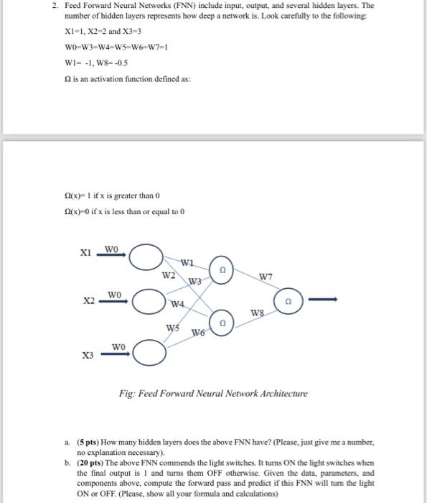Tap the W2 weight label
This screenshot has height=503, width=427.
168,275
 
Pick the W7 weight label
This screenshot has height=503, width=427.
266,276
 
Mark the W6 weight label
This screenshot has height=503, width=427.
199,332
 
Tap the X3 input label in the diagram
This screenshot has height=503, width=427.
88,356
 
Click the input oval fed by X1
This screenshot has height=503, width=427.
146,257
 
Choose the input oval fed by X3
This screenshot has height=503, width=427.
147,352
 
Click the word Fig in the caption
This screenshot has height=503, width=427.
126,394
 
